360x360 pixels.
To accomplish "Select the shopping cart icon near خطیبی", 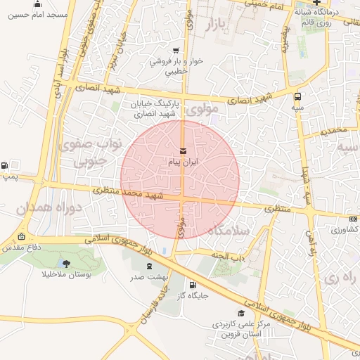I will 175,51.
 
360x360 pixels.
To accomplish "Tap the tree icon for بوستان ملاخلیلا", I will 67,264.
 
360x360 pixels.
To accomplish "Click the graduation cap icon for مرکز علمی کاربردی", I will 243,314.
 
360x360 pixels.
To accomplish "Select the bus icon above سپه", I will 298,96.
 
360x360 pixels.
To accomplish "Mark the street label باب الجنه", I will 229,257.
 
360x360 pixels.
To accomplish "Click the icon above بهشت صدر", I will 149,266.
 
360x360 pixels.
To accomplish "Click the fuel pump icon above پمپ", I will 6,166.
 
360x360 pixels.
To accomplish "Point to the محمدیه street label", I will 333,131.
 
